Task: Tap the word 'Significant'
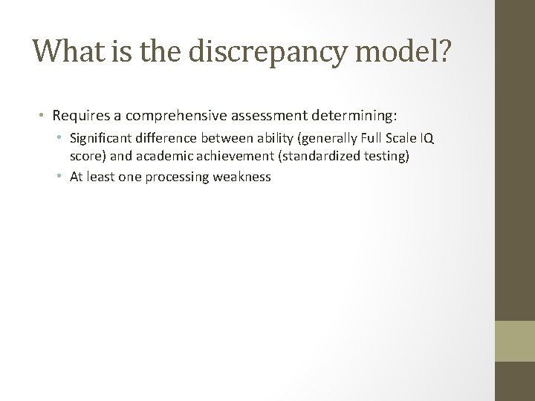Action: [100, 139]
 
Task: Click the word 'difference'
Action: [163, 139]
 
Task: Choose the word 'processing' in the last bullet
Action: [185, 177]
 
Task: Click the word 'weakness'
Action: [245, 177]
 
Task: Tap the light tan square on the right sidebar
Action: [515, 342]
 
